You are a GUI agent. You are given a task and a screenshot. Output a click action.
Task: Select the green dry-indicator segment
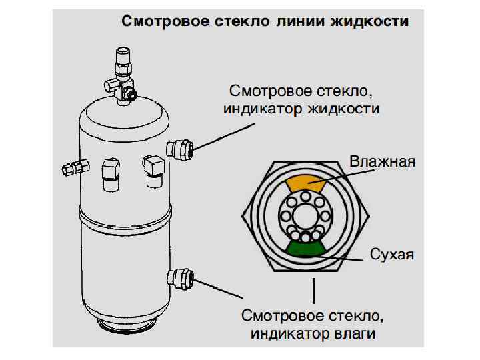[x=304, y=249]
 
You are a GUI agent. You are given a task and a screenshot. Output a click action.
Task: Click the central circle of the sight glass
[x=305, y=215]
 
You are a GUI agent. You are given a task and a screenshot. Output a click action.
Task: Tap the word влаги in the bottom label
[x=364, y=333]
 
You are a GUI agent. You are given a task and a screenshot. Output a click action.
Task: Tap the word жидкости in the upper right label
[x=341, y=109]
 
